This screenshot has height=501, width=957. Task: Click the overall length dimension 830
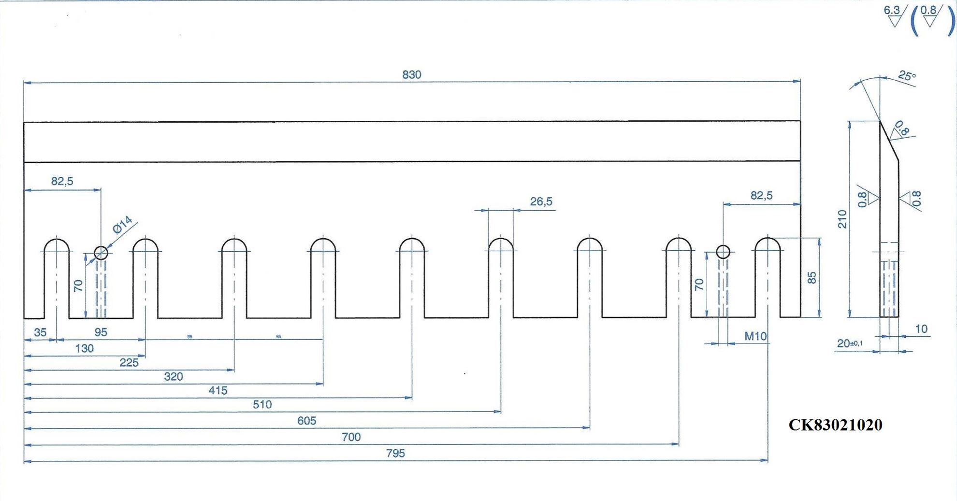[x=412, y=75]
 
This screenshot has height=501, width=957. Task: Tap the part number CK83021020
[x=835, y=425]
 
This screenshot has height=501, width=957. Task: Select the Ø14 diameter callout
[x=123, y=225]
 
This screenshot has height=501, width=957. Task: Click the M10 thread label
[x=755, y=336]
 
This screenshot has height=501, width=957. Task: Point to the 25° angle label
[x=907, y=76]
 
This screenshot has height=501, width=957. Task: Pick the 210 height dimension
[x=842, y=219]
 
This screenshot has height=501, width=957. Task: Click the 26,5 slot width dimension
[x=541, y=201]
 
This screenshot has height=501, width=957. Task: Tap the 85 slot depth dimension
[x=812, y=278]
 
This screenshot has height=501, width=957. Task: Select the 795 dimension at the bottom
[x=395, y=453]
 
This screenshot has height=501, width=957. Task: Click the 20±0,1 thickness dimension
[x=850, y=343]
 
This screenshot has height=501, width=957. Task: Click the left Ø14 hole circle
[x=101, y=252]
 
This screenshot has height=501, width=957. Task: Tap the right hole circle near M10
[x=723, y=252]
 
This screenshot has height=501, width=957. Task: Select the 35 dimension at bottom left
[x=40, y=332]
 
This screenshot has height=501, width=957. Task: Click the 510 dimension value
[x=262, y=404]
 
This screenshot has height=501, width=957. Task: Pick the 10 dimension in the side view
[x=921, y=329]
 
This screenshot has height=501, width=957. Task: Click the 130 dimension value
[x=85, y=348]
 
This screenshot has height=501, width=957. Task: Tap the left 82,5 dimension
[x=62, y=181]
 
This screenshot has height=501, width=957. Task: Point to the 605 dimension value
[x=307, y=421]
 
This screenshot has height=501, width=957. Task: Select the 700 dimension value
[x=351, y=437]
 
